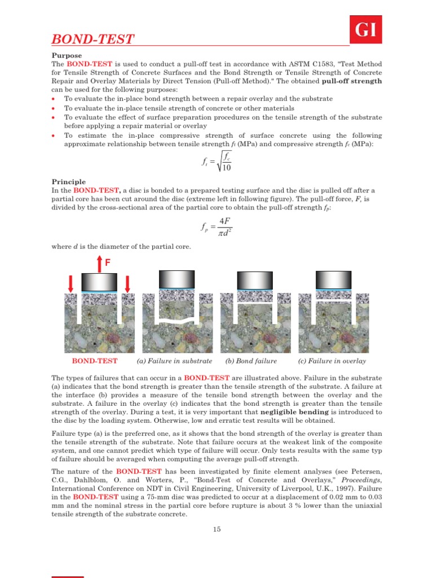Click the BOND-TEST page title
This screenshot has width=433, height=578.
(93, 39)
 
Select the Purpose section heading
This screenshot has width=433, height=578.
(67, 55)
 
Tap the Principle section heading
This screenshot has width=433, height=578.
(69, 182)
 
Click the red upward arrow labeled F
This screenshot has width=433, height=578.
(99, 262)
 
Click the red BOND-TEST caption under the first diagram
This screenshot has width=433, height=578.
(95, 361)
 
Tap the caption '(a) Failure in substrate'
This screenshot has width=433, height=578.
(175, 361)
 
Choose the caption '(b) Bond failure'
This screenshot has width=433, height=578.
(251, 361)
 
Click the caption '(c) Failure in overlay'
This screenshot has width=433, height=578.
(332, 361)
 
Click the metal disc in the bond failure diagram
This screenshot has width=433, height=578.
(255, 280)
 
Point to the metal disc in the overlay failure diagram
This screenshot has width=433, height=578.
(332, 279)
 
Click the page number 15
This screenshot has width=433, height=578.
(216, 529)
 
